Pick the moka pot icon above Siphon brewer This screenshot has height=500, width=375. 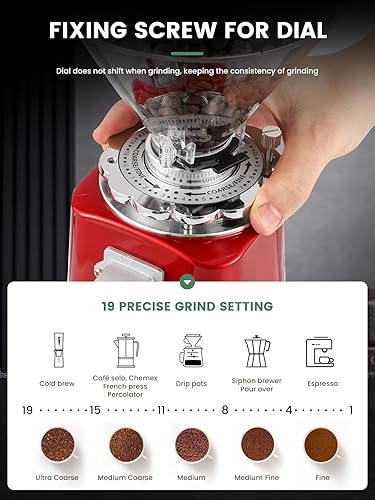[x=257, y=350]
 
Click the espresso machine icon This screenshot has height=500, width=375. [x=320, y=351]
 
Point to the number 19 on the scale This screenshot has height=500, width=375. [x=28, y=409]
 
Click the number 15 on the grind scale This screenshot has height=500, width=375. [x=95, y=409]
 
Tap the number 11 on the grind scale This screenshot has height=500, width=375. [x=161, y=409]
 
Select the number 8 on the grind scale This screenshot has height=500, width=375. [x=226, y=409]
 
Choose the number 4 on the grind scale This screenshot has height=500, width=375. [x=289, y=409]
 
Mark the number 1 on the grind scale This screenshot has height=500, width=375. [x=351, y=409]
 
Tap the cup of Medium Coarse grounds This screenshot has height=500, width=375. [x=125, y=443]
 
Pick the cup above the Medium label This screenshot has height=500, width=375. [x=191, y=443]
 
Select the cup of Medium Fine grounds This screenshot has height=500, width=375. [x=257, y=443]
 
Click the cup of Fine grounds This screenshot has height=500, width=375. [x=322, y=443]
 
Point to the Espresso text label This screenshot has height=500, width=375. [x=321, y=383]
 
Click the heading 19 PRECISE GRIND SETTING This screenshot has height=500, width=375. [x=187, y=307]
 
